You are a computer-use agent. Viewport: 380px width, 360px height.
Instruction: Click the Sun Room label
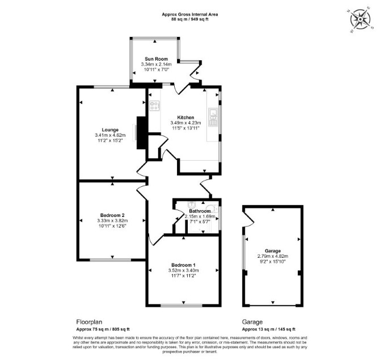[157, 59]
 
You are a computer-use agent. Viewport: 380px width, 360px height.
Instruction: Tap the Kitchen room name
[185, 118]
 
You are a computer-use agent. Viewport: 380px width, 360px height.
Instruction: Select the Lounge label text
[110, 130]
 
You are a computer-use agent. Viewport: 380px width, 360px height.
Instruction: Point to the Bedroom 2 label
[112, 215]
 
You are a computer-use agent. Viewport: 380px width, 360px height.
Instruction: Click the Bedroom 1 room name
[183, 265]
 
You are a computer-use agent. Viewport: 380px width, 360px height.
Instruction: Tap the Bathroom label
[200, 211]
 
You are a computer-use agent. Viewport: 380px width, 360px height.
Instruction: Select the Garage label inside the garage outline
[273, 251]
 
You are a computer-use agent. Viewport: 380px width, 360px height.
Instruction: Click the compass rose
[360, 19]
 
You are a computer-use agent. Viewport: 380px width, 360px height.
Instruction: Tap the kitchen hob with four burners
[154, 106]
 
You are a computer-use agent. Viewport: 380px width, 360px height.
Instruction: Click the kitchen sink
[213, 118]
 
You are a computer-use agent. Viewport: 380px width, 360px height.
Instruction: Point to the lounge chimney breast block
[142, 133]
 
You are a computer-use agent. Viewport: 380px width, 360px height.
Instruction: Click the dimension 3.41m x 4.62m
[110, 135]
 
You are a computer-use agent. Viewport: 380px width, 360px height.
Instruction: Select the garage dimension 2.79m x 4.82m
[273, 256]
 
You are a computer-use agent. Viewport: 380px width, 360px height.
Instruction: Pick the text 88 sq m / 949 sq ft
[190, 19]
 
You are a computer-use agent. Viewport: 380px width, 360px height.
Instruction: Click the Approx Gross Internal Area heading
[190, 14]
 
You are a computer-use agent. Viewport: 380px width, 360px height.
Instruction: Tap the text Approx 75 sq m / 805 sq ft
[103, 329]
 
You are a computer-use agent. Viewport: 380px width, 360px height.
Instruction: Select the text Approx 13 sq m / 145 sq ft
[268, 329]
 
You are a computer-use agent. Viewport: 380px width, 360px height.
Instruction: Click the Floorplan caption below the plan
[89, 322]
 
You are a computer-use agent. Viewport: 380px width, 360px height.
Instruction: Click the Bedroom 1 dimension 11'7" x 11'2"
[183, 276]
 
